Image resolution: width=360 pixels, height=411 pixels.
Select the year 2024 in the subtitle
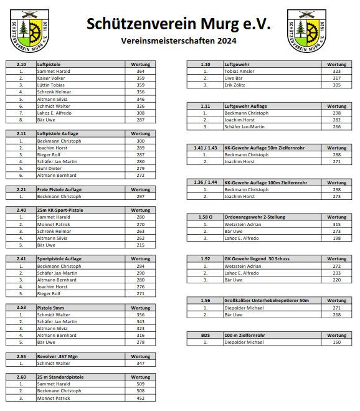coord(227,41)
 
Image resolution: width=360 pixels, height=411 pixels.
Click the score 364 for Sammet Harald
coord(140,72)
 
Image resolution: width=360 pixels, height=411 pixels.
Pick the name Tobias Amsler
coord(239,72)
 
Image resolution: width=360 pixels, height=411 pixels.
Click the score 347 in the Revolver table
coord(140,363)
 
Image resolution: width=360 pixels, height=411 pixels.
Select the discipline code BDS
coord(205,335)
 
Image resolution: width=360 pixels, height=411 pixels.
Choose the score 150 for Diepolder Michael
coord(336,342)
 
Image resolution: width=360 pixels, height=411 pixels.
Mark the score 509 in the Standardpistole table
coord(140,384)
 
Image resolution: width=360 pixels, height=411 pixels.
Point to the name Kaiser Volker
coord(51,78)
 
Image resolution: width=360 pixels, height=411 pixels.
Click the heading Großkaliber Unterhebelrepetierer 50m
coord(267,301)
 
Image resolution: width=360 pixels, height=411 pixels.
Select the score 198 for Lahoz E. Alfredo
coord(336,238)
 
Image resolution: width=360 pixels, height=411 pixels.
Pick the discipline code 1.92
coord(205,258)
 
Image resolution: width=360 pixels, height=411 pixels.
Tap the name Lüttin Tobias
coord(51,85)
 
